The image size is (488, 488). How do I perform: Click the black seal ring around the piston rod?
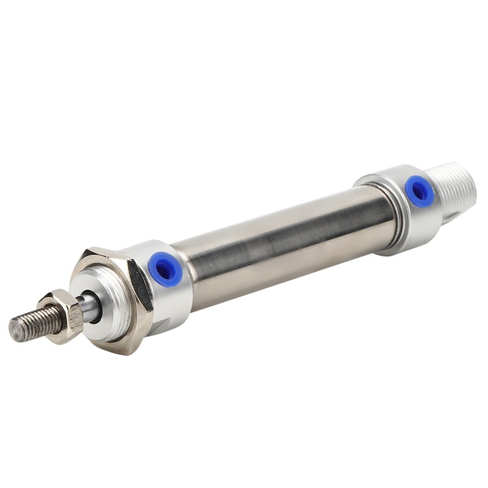tap(96, 308)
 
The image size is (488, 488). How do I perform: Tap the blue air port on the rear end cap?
tap(419, 191)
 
